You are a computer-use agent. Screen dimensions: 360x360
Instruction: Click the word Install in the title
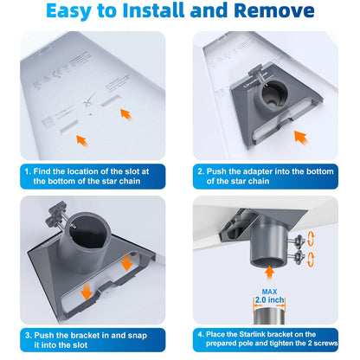click(153, 10)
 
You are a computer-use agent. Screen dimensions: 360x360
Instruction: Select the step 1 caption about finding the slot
click(87, 177)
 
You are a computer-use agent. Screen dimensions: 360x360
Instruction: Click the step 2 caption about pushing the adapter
click(266, 177)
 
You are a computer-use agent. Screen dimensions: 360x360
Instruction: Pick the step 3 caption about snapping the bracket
click(86, 340)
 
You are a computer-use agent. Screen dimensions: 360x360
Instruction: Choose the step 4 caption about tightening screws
click(267, 338)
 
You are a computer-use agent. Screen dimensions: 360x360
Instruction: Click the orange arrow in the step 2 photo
click(301, 138)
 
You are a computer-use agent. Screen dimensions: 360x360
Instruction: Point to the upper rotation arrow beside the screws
click(311, 238)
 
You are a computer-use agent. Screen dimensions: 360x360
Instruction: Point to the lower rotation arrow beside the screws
click(311, 259)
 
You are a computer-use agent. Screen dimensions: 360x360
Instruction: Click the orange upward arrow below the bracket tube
click(269, 273)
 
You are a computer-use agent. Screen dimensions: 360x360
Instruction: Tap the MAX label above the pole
click(269, 292)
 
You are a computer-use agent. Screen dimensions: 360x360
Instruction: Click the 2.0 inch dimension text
click(269, 300)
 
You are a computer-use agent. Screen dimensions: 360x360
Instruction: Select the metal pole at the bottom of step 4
click(269, 316)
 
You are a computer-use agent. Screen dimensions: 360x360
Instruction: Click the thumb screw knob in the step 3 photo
click(55, 214)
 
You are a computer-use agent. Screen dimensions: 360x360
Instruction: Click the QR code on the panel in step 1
click(48, 122)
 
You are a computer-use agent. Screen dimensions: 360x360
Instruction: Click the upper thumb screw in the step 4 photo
click(299, 241)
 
